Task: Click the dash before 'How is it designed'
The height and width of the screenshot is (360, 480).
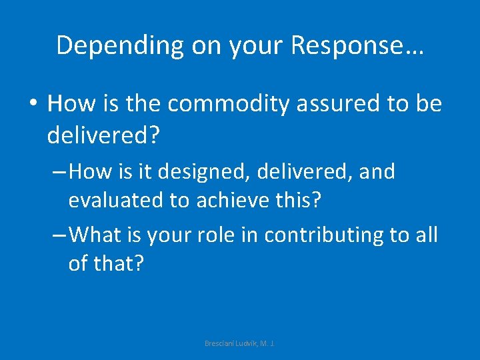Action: [59, 173]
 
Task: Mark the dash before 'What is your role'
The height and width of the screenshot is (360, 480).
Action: [59, 235]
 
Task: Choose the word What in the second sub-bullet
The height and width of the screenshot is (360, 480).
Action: [93, 234]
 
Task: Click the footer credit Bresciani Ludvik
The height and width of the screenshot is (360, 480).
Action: [239, 343]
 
